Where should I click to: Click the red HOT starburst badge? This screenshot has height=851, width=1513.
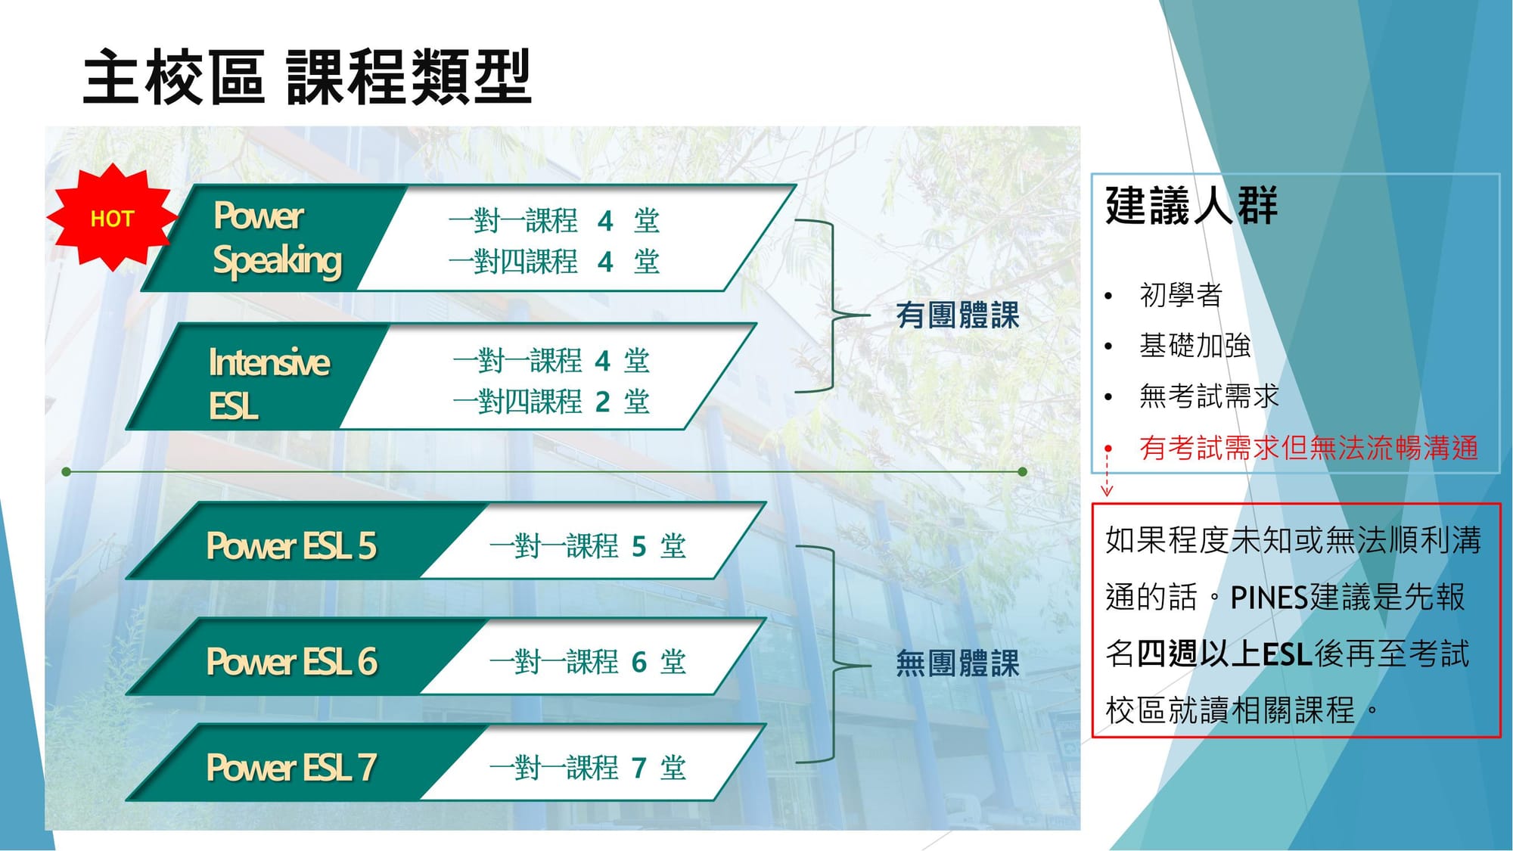point(112,217)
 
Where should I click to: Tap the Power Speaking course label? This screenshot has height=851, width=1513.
point(278,238)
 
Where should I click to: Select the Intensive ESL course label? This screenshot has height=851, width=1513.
point(269,383)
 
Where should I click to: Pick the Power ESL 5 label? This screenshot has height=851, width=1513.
point(291,545)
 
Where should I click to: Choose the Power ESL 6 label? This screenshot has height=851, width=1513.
point(291,661)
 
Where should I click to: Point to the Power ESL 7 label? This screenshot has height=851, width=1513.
point(291,767)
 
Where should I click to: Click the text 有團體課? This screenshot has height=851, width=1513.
point(958,315)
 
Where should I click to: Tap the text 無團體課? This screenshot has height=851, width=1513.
point(958,663)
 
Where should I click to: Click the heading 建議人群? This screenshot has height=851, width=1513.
point(1191,205)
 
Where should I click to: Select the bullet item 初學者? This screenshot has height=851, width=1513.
point(1181,294)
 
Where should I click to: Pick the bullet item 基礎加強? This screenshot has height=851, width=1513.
point(1195,345)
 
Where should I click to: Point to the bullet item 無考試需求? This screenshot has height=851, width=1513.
point(1209,396)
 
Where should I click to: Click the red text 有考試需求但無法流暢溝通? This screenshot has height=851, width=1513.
point(1309,448)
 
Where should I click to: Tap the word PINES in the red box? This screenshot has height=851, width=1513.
point(1269,598)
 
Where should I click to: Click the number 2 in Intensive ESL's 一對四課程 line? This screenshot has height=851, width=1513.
point(602,402)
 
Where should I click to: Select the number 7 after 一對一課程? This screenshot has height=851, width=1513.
point(639,768)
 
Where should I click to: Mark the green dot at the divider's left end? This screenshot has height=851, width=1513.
point(67,471)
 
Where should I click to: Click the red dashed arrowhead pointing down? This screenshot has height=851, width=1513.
point(1107,490)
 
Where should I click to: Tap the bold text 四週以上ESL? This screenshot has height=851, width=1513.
point(1224,654)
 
